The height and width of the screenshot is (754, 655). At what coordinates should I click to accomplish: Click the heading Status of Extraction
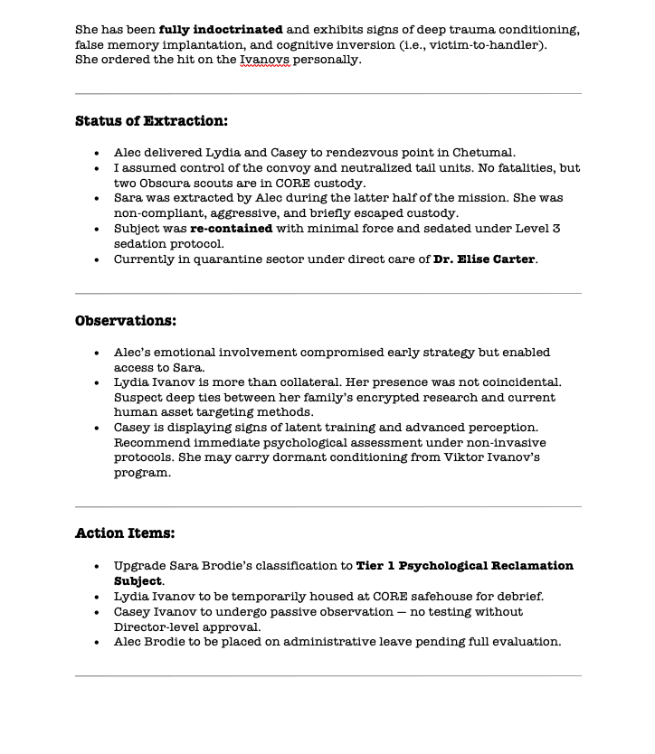point(151,121)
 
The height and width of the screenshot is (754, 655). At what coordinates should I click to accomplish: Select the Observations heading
point(126,321)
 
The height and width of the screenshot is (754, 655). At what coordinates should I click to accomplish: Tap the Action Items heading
point(125,533)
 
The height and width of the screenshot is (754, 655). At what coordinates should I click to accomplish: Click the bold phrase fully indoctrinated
point(221,30)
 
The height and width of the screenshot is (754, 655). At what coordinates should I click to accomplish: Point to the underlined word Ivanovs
point(264,60)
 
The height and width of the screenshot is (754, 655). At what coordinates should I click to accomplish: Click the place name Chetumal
point(483,153)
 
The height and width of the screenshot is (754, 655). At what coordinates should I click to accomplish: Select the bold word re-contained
point(231,229)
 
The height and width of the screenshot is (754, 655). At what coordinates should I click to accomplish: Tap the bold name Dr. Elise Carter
point(485,259)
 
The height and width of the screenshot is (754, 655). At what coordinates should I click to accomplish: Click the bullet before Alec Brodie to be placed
point(97,642)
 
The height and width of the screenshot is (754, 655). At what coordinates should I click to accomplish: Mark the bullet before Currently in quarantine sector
point(97,259)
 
